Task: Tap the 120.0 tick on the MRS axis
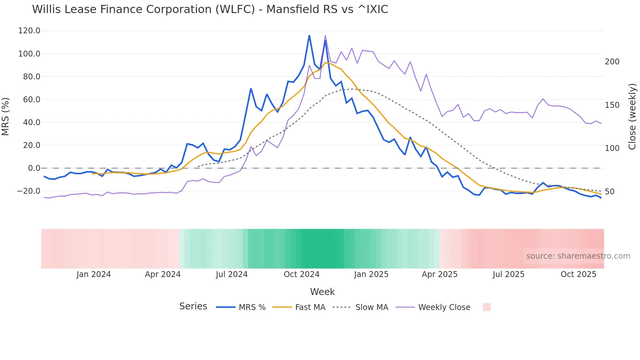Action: click(29, 31)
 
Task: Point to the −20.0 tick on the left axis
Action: click(29, 191)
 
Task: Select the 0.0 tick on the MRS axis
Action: click(34, 168)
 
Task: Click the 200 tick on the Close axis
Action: click(612, 62)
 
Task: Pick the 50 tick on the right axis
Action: click(610, 192)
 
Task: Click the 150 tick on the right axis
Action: click(612, 105)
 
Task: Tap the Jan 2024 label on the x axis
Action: click(94, 274)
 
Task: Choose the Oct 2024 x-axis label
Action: click(301, 274)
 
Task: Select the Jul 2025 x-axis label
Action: click(508, 274)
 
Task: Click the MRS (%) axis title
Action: click(6, 116)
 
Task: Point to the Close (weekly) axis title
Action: click(632, 116)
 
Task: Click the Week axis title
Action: click(322, 292)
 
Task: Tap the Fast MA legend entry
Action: click(299, 307)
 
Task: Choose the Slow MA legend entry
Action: click(360, 307)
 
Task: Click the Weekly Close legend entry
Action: click(433, 307)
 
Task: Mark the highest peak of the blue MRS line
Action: click(309, 35)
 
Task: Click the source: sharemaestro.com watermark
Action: click(578, 256)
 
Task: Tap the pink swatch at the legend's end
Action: click(487, 307)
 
